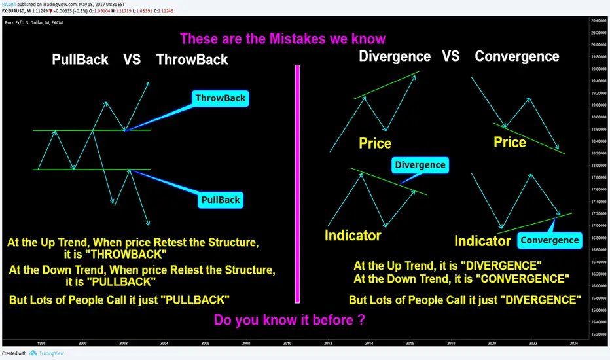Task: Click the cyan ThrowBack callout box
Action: (220, 98)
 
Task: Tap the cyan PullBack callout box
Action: (221, 200)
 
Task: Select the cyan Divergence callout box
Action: (420, 165)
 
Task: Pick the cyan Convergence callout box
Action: (550, 240)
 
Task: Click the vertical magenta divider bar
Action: (297, 184)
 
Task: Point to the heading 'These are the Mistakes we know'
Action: (283, 39)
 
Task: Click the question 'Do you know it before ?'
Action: (289, 320)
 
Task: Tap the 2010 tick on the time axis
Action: (287, 343)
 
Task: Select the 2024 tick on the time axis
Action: (574, 343)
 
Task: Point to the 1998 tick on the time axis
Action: (41, 343)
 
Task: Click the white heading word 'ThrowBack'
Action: (192, 60)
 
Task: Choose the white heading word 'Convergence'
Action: (517, 56)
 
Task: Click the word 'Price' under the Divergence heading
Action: (375, 143)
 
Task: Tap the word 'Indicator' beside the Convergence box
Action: (482, 242)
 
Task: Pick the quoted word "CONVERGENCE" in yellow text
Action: (522, 279)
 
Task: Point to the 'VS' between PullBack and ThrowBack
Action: (132, 60)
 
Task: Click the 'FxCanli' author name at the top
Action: (9, 5)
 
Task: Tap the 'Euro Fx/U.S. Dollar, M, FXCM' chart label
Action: (34, 22)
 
